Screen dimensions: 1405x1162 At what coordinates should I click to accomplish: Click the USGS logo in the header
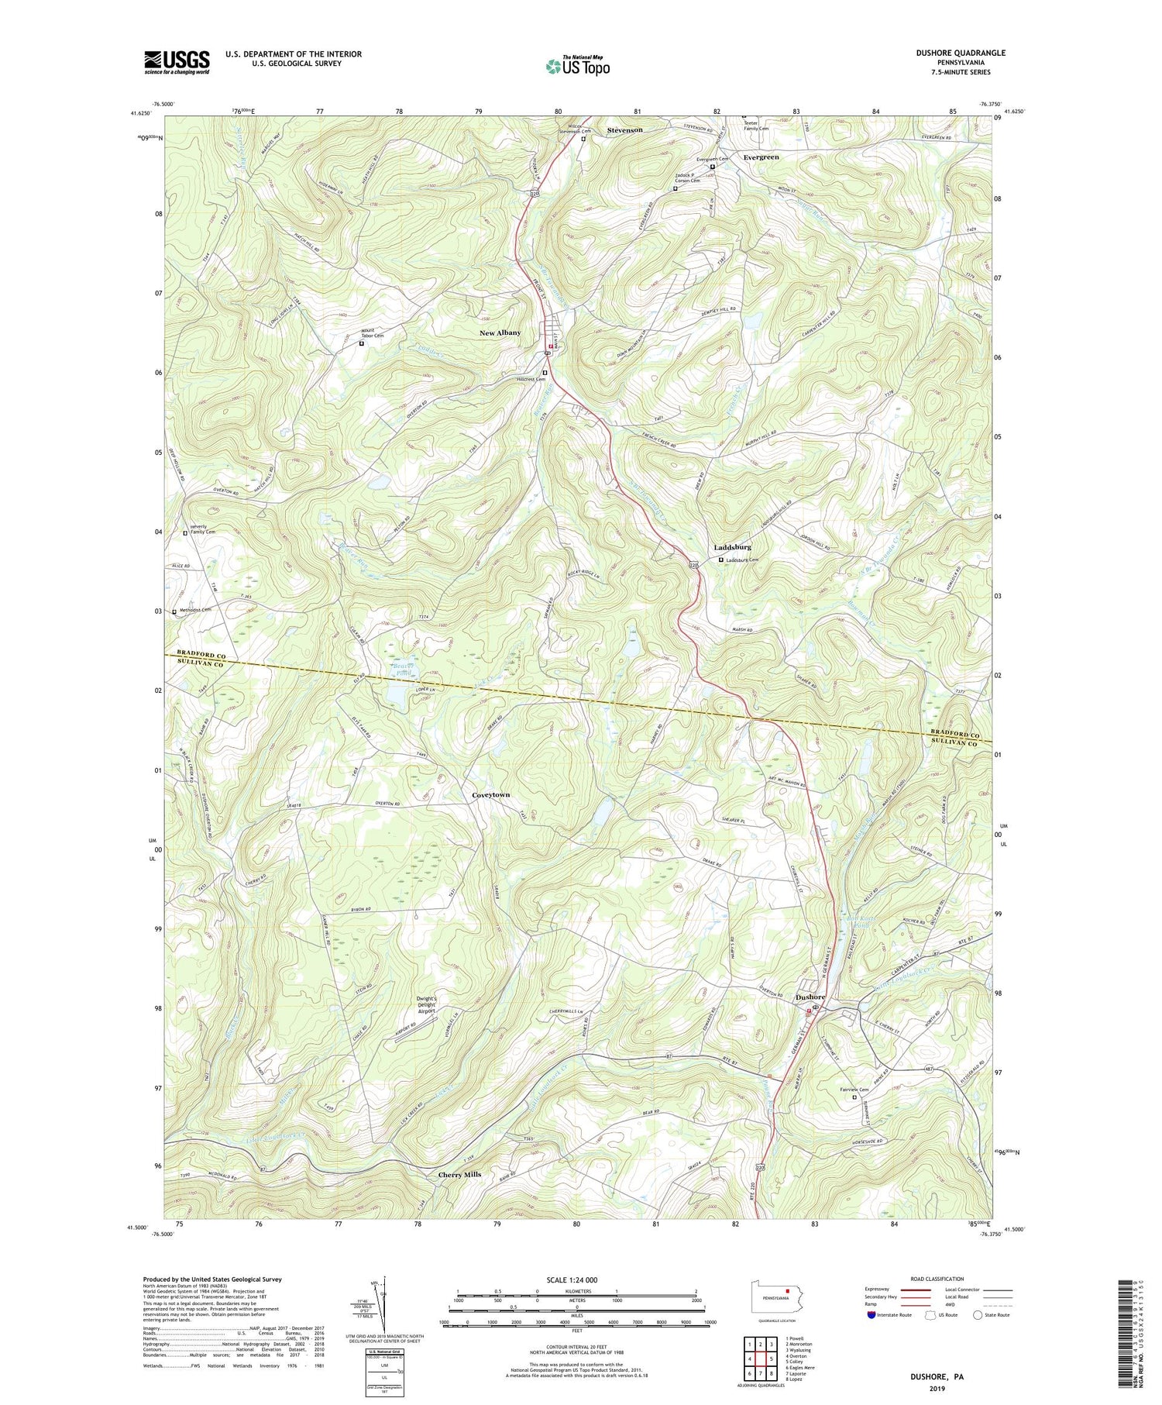tap(177, 62)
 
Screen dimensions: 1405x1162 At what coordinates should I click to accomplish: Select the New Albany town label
tap(500, 332)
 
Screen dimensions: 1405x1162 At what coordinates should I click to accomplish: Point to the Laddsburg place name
tap(732, 547)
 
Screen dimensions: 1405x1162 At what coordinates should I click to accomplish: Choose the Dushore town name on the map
tap(811, 997)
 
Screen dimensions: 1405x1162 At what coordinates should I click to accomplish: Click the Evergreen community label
tap(761, 157)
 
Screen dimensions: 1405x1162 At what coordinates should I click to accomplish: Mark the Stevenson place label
tap(624, 130)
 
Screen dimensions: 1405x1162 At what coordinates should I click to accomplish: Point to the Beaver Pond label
tap(401, 670)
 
